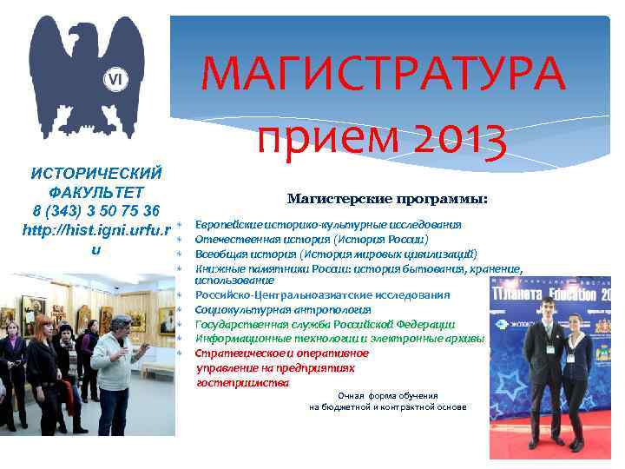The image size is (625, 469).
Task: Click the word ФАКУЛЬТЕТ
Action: pos(96,192)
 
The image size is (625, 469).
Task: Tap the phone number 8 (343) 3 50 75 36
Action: pos(96,211)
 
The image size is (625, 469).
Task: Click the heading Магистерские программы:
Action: pos(387,200)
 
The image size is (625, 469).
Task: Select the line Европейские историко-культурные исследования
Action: pos(328,224)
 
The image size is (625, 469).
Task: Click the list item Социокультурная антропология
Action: pos(283,309)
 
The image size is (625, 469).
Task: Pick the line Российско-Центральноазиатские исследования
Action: pos(323,295)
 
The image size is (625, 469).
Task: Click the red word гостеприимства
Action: pos(243,383)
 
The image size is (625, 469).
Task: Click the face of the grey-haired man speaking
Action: pos(121,327)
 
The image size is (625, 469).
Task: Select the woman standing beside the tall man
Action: pos(578,373)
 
